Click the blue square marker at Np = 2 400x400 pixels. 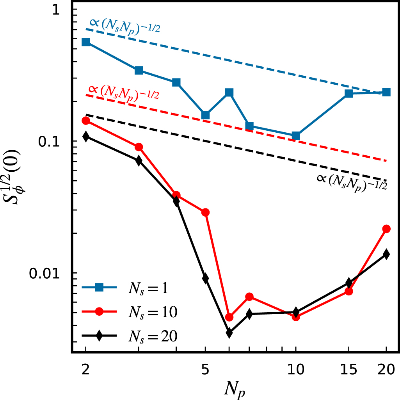tap(86, 42)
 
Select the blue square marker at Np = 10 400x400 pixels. tap(296, 136)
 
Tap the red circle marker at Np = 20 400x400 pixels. tap(386, 229)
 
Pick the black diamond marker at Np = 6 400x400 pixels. tap(229, 332)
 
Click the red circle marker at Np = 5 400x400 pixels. tap(205, 212)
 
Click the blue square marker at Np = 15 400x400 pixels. tap(349, 94)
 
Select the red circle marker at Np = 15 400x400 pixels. tap(349, 291)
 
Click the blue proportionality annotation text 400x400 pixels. tap(125, 25)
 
